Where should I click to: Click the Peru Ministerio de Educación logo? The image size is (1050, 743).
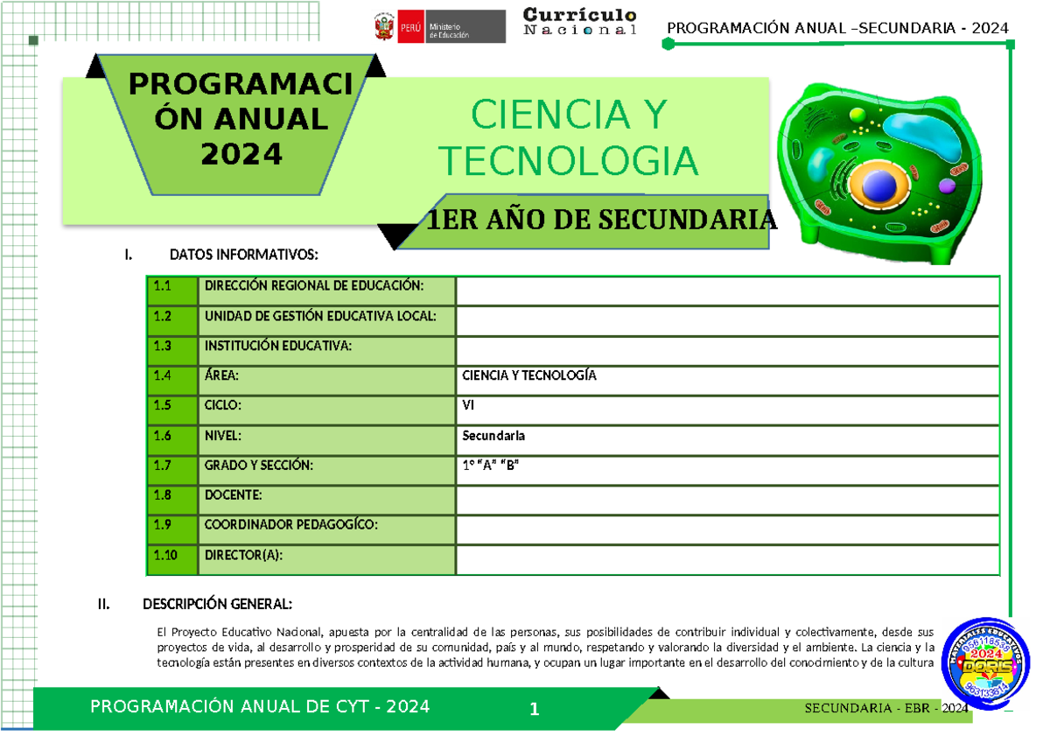(439, 27)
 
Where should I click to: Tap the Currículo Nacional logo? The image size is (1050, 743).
(579, 22)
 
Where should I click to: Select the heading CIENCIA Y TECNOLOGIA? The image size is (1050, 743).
(569, 138)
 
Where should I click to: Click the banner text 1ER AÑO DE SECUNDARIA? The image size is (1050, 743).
(600, 221)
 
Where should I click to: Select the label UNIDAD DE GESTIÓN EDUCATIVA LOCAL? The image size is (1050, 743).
(319, 316)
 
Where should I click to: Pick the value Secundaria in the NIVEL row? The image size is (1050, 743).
(493, 435)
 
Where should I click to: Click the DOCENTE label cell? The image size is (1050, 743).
(233, 495)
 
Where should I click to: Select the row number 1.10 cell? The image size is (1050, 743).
(172, 555)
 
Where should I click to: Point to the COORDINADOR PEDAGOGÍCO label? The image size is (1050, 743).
(290, 525)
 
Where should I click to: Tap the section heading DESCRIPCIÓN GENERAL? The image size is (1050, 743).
(217, 605)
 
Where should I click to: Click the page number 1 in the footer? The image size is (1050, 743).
(534, 710)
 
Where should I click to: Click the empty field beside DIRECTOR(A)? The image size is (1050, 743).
(727, 556)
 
